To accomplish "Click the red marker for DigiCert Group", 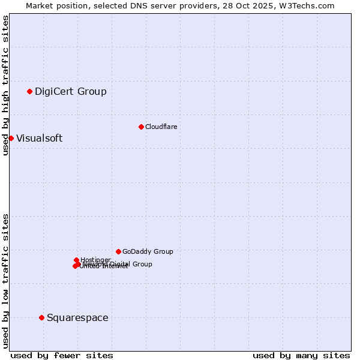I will point(29,91).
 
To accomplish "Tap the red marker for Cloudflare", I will point(141,127).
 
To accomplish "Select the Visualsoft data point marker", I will point(11,138).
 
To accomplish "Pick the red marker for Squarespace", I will point(41,317).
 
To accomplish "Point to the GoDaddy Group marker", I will point(118,251).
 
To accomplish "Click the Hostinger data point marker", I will point(76,260).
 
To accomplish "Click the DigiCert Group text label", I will point(70,91).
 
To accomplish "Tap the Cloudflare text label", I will point(161,127).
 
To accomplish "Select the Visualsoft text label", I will point(39,138).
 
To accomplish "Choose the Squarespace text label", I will point(77,317).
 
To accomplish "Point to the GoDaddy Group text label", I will point(148,251).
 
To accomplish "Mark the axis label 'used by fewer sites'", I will point(62,355).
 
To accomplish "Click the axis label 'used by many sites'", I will point(301,355).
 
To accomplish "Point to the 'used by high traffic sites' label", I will point(5,85).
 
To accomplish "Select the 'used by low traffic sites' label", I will point(5,281).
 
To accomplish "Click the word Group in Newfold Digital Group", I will point(142,264).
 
